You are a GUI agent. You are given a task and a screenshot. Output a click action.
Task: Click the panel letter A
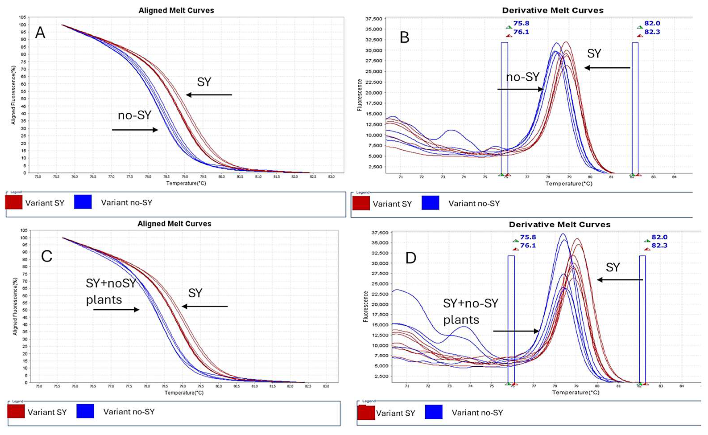point(40,33)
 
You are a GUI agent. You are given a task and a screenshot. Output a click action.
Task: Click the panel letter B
point(405,38)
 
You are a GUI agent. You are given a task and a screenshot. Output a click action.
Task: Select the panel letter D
point(411,258)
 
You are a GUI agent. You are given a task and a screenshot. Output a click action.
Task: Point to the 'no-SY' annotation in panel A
point(134,115)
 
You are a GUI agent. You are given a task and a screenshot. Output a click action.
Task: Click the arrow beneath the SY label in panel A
point(209,95)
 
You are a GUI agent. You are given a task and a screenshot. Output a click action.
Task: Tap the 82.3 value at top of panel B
point(652,32)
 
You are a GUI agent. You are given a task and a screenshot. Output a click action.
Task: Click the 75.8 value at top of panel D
point(528,237)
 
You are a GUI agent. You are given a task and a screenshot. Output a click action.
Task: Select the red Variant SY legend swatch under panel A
point(14,202)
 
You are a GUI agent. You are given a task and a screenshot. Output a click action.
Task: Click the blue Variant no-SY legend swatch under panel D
point(433,412)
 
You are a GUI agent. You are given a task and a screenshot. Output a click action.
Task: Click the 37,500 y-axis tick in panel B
point(374,19)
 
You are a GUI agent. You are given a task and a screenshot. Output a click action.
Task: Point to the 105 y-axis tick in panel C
point(24,231)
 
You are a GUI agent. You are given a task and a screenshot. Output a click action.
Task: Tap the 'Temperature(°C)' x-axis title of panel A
point(186,183)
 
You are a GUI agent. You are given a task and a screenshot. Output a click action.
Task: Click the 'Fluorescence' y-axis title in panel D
point(365,306)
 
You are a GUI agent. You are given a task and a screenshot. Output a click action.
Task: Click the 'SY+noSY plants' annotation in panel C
point(111,291)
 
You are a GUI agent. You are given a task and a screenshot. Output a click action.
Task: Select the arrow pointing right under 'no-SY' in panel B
point(520,90)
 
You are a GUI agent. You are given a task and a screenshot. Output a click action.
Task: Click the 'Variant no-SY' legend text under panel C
point(129,412)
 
